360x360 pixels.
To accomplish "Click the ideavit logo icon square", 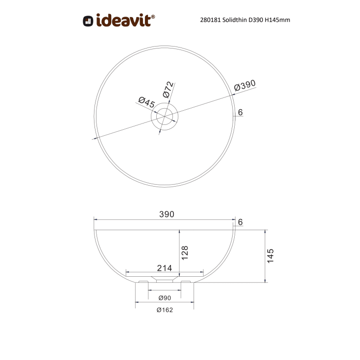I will coord(88,21).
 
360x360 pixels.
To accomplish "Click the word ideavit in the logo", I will coord(123,20).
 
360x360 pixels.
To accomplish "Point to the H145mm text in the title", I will coord(280,20).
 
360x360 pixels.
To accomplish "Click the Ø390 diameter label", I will coord(245,86).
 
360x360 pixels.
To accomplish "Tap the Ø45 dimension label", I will coord(147,102).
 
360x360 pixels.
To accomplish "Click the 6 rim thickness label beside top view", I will coord(240,113).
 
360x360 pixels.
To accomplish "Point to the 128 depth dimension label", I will coord(185,252).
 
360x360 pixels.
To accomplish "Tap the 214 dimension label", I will coord(164,267).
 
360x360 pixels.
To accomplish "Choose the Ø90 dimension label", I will coord(165,298).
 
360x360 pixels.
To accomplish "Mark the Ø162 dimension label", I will coord(165,310).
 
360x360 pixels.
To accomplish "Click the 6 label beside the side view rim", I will coord(240,222).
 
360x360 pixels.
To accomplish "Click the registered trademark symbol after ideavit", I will coord(153,16).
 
